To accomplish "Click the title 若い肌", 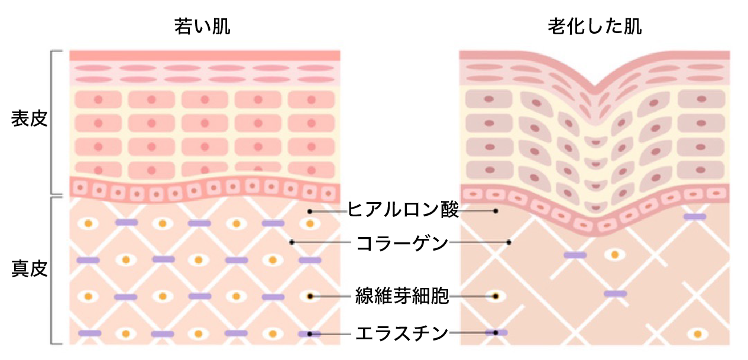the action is tap(202, 26).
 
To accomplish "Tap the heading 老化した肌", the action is tap(595, 26).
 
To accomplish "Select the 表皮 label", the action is tap(30, 119).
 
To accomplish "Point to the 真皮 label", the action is tap(30, 269).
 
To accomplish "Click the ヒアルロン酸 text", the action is tap(403, 209).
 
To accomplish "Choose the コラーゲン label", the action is tap(402, 243).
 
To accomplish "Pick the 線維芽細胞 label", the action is tap(402, 296).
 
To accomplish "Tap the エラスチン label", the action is tap(401, 333).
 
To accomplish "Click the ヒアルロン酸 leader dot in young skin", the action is tap(310, 212).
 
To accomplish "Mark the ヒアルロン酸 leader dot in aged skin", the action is tap(496, 211).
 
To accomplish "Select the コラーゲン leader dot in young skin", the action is tap(292, 242).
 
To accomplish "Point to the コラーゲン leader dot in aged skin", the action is tap(509, 242).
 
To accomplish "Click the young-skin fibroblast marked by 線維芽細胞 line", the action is tap(310, 296).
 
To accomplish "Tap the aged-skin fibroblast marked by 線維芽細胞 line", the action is tap(496, 296).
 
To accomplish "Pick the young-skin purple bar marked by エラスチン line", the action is tap(310, 333).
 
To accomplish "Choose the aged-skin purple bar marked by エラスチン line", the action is tap(496, 333).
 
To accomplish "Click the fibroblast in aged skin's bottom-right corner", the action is tap(697, 334).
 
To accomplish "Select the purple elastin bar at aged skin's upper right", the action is tap(695, 217).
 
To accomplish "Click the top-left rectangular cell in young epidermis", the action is tap(98, 99).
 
